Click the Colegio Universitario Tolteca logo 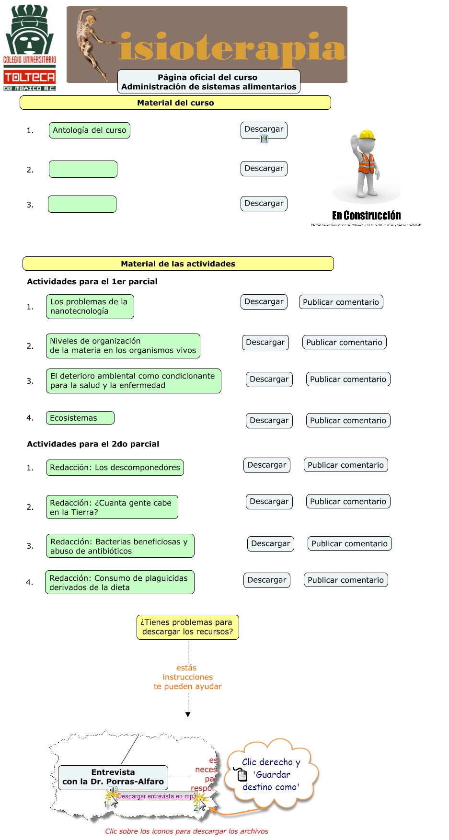(30, 48)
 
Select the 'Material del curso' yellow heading (175, 103)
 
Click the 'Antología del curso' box (90, 130)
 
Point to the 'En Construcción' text (366, 216)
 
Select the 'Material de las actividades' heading (178, 264)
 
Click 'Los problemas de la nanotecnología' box (90, 307)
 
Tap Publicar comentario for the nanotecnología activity (341, 302)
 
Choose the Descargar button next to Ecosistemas (269, 420)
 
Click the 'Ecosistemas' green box (80, 418)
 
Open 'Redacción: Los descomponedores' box (115, 468)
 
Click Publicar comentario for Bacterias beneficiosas (349, 543)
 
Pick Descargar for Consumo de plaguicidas (266, 580)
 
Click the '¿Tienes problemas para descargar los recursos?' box (187, 627)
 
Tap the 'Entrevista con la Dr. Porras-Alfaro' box (113, 777)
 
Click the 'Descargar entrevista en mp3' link (156, 796)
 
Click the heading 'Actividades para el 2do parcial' (93, 444)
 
